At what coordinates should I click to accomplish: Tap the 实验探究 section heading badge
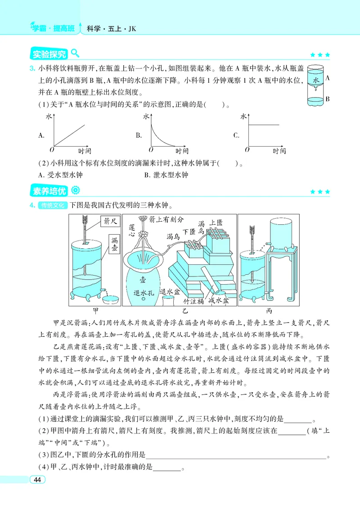point(49,54)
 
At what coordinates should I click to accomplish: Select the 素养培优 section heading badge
point(49,191)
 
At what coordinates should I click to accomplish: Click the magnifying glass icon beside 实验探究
point(75,53)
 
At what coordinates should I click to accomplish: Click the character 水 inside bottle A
point(316,80)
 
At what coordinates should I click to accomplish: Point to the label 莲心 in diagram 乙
point(132,229)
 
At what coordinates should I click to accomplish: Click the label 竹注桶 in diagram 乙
point(193,301)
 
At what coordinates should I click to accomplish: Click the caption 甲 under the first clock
point(95,311)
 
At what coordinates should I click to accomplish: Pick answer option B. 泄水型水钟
point(166,175)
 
